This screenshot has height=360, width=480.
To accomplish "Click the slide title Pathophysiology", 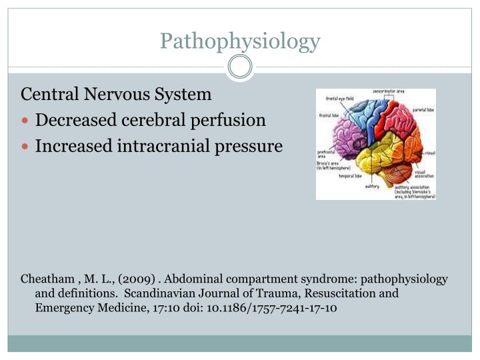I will pos(240,41).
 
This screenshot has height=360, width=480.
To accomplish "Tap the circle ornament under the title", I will pos(240,67).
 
